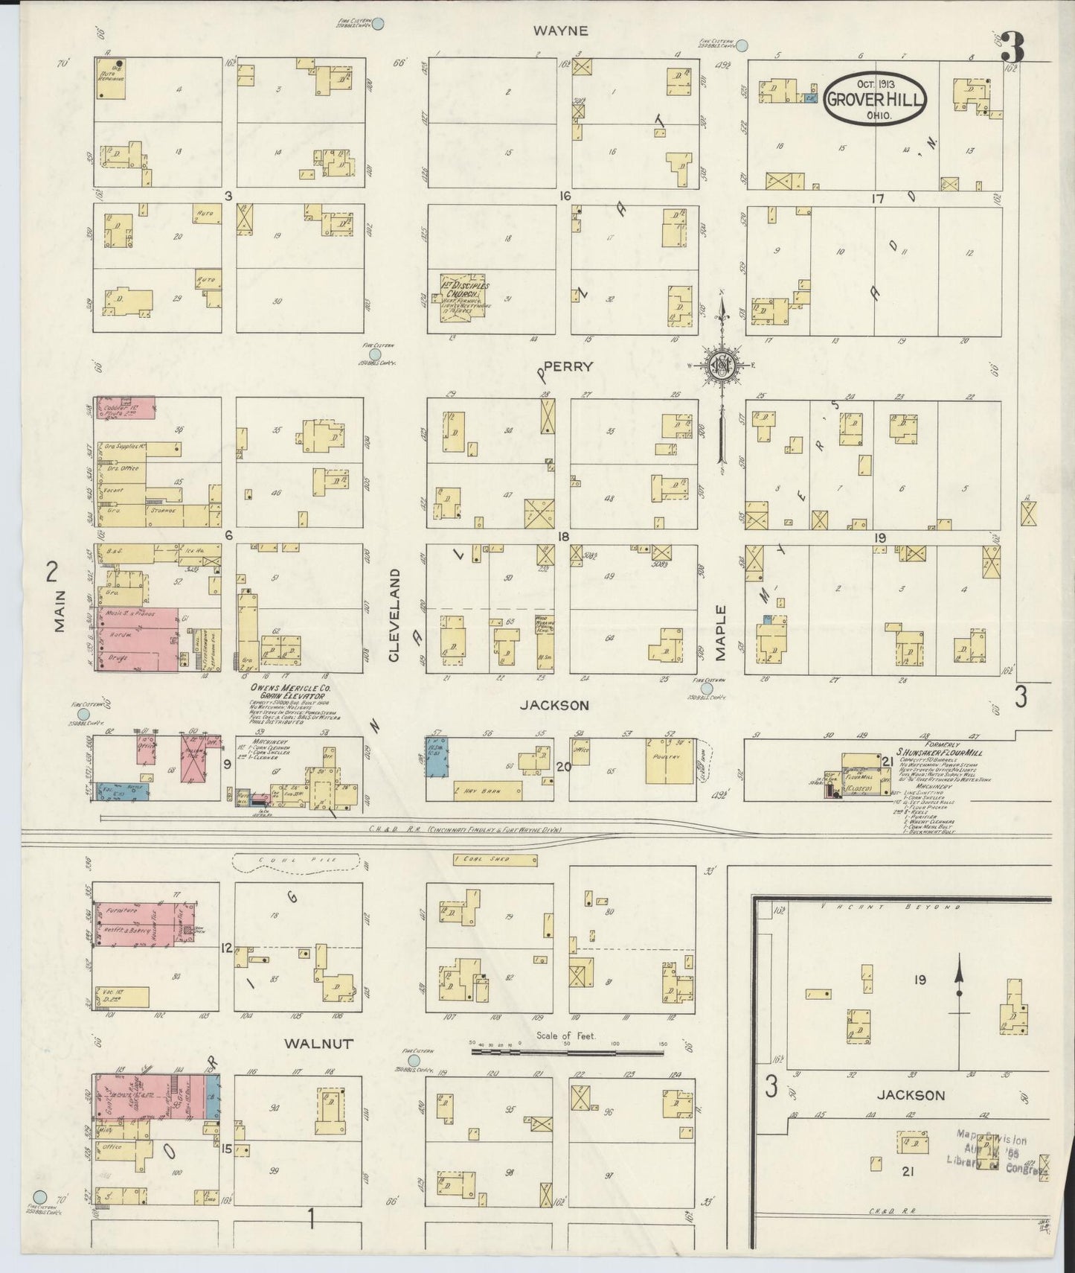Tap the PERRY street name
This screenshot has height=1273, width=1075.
tap(568, 366)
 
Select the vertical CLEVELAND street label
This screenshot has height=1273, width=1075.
tap(394, 614)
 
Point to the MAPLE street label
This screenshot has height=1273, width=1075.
tap(720, 632)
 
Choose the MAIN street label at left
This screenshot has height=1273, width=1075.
tap(59, 610)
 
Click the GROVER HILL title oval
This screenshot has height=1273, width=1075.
tap(874, 99)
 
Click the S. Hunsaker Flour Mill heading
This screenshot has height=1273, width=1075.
tap(939, 753)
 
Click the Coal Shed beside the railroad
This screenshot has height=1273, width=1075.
tap(495, 861)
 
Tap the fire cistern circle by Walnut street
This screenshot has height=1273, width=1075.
tap(414, 1060)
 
